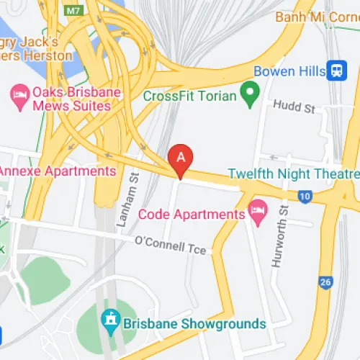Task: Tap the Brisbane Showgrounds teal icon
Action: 110,318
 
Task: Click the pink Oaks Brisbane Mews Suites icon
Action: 18,94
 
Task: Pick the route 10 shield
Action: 305,195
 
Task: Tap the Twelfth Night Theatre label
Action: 293,174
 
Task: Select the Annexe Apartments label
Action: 58,171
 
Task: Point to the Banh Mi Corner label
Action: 317,16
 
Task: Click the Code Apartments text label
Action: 191,214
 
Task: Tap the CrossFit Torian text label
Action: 190,96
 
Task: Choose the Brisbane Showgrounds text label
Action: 194,323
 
